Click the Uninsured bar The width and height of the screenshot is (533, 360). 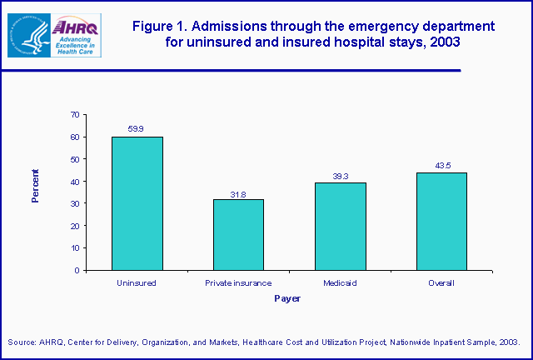(x=137, y=203)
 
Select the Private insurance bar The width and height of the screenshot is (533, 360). (x=239, y=234)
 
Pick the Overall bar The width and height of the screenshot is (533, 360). (x=442, y=222)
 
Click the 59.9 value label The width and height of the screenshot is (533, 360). (x=137, y=129)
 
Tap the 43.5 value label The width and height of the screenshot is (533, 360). (x=442, y=166)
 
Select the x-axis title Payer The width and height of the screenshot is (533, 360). (x=288, y=298)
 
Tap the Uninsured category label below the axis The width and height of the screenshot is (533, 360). (x=137, y=282)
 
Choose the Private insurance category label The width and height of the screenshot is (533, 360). (x=239, y=282)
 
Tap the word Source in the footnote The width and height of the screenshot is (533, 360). (x=22, y=342)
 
